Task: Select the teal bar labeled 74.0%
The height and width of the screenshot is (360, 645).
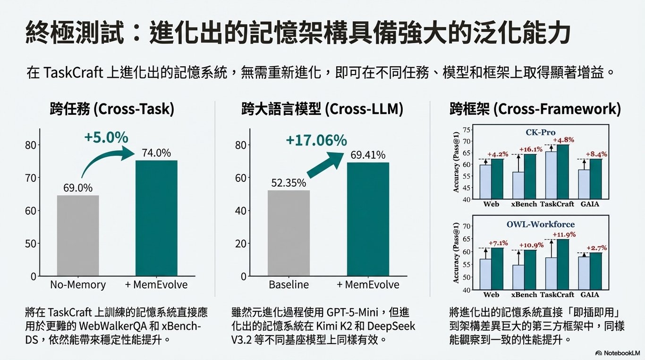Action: tap(156, 218)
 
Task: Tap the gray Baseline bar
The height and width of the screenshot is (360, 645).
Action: tap(289, 233)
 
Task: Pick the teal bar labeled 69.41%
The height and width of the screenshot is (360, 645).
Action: tap(368, 219)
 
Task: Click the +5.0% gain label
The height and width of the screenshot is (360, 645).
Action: tap(106, 137)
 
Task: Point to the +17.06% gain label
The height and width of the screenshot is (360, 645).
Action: tap(316, 140)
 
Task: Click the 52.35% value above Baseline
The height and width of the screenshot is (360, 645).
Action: tap(289, 183)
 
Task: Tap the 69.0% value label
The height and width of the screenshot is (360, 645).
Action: tap(78, 188)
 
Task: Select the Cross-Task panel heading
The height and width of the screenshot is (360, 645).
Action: tap(112, 109)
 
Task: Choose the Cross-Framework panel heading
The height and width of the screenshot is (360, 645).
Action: tap(535, 109)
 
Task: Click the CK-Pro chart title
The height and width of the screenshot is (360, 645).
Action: tap(540, 132)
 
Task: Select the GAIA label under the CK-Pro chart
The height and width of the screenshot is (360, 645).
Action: tap(590, 204)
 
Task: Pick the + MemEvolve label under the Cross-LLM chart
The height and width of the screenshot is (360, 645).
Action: tap(368, 285)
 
